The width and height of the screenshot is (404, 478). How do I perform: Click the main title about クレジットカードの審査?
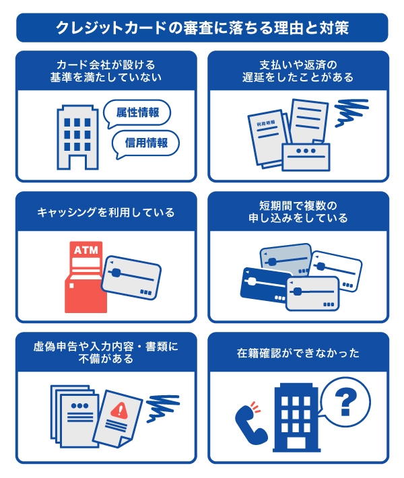[x=202, y=28]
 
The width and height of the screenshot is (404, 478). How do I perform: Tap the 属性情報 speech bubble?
[x=137, y=113]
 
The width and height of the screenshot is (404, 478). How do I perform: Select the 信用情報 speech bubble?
[x=145, y=144]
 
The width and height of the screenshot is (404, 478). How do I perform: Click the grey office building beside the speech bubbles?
[x=77, y=137]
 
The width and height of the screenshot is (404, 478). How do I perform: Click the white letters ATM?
[x=86, y=250]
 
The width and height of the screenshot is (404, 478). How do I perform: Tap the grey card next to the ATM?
[x=131, y=277]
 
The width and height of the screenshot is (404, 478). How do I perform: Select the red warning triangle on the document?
[x=119, y=410]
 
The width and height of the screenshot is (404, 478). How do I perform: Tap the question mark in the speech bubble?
[x=345, y=403]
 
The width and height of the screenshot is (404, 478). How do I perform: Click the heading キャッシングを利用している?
[x=106, y=212]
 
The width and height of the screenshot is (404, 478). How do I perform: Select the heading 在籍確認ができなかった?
[x=298, y=353]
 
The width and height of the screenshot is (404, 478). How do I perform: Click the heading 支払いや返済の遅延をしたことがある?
[x=298, y=71]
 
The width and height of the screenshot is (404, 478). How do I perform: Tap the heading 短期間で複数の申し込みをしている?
[x=298, y=212]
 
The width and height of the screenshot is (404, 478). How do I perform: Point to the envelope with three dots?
[x=306, y=157]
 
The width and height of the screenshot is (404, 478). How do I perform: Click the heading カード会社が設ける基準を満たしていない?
[x=106, y=71]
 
